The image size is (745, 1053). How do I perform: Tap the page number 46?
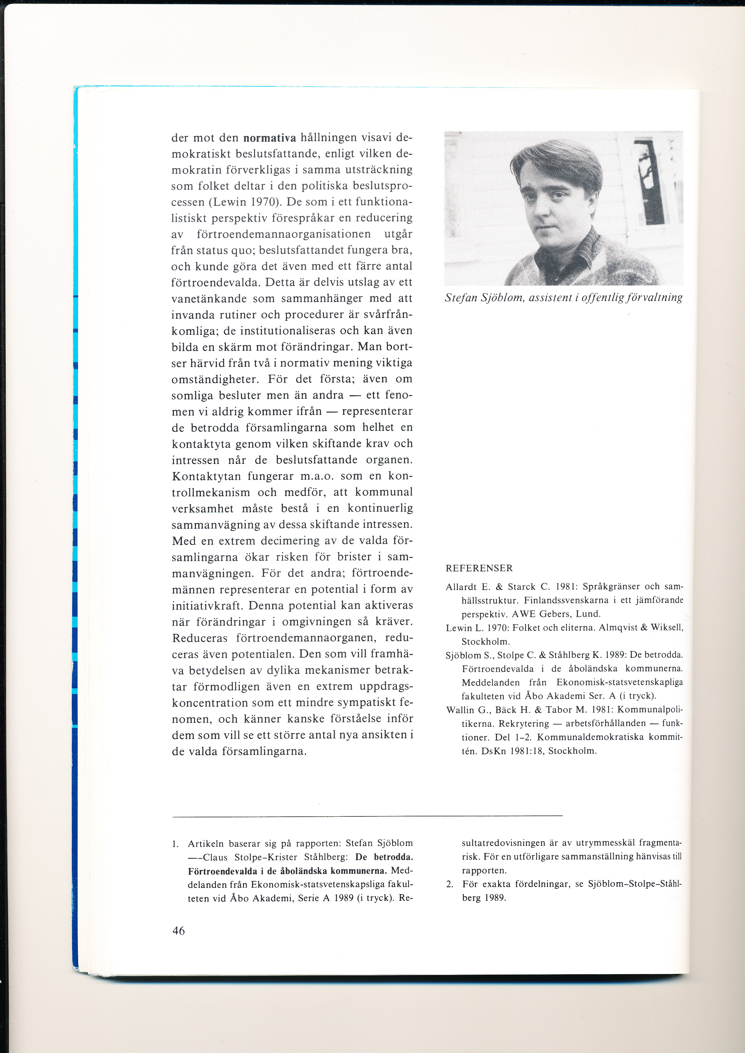click(x=178, y=930)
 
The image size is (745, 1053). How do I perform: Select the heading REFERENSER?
click(x=479, y=568)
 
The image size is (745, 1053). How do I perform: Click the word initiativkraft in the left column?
click(x=208, y=605)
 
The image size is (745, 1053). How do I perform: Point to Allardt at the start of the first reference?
click(x=461, y=587)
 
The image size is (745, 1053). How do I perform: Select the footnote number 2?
click(x=450, y=884)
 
